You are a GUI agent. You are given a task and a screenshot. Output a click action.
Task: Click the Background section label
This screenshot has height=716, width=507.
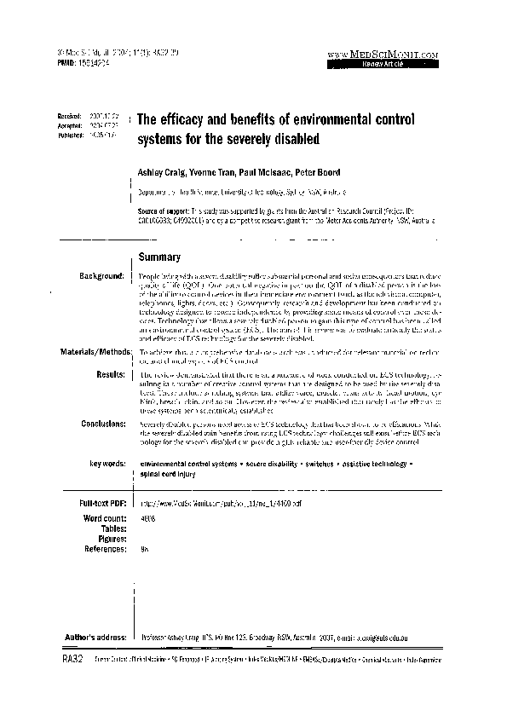[x=101, y=277]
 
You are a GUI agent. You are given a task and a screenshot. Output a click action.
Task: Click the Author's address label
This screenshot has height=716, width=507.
[x=96, y=637]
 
